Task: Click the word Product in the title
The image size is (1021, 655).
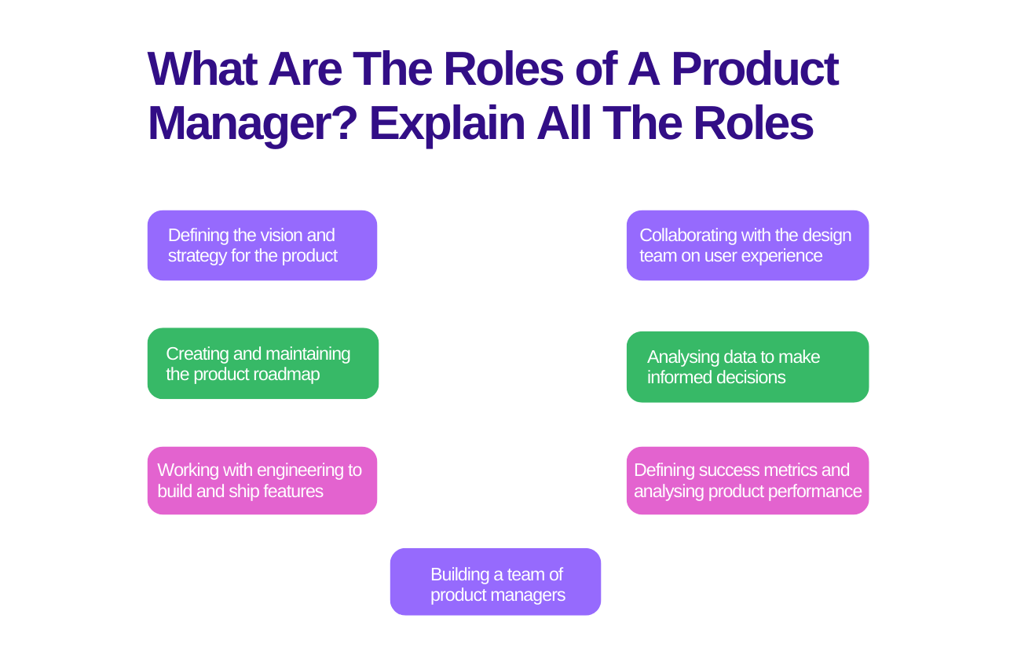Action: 755,68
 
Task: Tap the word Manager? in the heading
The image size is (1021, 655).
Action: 252,123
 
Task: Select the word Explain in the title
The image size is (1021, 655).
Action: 446,123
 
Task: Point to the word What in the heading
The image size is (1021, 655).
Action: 202,68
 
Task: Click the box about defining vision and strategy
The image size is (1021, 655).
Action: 262,245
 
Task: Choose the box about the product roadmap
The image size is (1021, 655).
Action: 263,364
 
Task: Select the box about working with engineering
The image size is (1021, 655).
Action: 262,481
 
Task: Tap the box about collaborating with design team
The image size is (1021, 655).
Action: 748,245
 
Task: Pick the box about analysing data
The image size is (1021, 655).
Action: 748,367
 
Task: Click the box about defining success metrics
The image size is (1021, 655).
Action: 748,481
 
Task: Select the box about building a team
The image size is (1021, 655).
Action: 496,582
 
